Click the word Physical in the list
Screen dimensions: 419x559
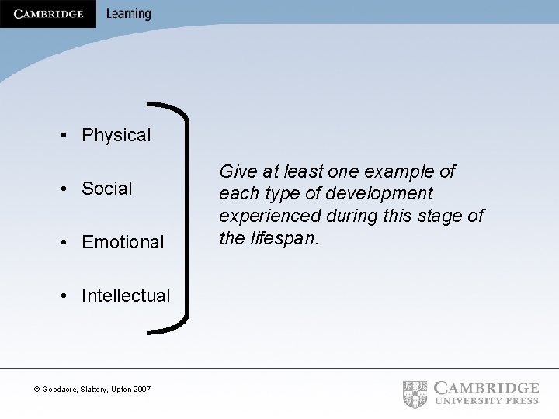coord(116,135)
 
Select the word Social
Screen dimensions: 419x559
coord(107,189)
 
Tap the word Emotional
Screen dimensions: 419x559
coord(123,242)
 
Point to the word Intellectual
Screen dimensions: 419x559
coord(126,296)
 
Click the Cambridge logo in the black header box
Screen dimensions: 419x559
coord(48,14)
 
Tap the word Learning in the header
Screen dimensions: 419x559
coord(128,14)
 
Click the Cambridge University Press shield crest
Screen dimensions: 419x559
coord(415,394)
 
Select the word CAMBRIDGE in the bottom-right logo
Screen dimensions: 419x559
coord(486,388)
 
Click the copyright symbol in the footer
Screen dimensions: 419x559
coord(37,389)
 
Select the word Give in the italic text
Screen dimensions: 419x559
coord(237,171)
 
